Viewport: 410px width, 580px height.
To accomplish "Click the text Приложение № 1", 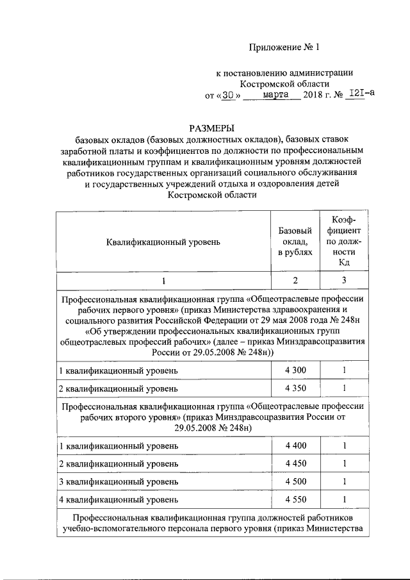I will pyautogui.click(x=284, y=47).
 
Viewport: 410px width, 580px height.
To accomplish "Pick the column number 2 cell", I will pyautogui.click(x=295, y=281).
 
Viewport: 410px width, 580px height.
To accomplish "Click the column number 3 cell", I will pyautogui.click(x=344, y=281).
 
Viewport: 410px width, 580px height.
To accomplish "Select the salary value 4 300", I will pyautogui.click(x=295, y=371).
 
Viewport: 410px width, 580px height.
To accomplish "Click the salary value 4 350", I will pyautogui.click(x=295, y=388).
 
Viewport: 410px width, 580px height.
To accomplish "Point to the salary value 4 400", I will pyautogui.click(x=295, y=446).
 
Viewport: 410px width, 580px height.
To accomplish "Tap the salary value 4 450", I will pyautogui.click(x=295, y=463).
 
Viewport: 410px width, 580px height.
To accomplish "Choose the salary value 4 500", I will pyautogui.click(x=295, y=481).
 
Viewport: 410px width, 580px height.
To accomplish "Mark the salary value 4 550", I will pyautogui.click(x=295, y=499).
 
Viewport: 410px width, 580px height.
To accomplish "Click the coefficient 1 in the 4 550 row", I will pyautogui.click(x=344, y=499).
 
